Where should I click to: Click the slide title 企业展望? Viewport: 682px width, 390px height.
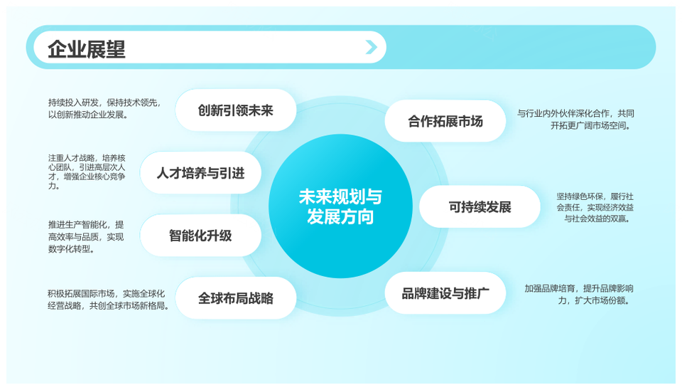click(86, 49)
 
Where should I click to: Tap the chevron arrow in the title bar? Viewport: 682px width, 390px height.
click(371, 47)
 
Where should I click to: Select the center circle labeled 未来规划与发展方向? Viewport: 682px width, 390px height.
click(340, 206)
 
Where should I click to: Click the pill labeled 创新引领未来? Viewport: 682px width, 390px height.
click(236, 110)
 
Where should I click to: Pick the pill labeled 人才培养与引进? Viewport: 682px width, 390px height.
click(200, 173)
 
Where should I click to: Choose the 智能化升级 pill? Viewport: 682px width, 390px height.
click(200, 236)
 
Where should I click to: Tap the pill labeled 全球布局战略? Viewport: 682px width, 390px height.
click(236, 298)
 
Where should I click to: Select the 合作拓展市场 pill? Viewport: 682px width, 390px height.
click(445, 121)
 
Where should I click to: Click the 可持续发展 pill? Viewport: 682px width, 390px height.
click(480, 206)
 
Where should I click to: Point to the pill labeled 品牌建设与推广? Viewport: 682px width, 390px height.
click(445, 293)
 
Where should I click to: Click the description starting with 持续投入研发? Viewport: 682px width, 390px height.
click(104, 109)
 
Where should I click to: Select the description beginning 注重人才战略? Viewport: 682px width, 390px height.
click(87, 172)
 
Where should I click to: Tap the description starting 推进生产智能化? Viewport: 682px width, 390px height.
click(86, 237)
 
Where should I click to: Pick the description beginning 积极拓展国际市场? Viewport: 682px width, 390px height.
click(108, 300)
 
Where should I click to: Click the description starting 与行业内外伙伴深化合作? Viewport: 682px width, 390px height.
click(575, 120)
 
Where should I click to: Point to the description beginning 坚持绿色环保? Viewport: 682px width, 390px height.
click(595, 207)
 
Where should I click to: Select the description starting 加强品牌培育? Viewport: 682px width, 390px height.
click(579, 295)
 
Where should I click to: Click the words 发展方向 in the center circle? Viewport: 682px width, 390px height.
click(340, 216)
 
